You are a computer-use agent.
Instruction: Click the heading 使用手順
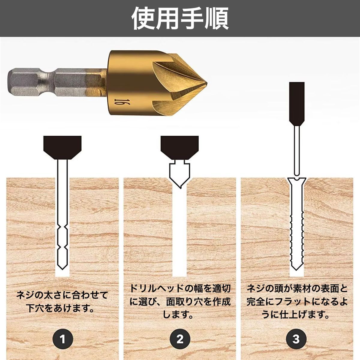tap(180, 18)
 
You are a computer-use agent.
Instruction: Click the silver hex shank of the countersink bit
tap(56, 82)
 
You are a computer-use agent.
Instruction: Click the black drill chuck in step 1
tap(62, 147)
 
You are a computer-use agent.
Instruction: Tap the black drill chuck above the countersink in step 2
tap(179, 147)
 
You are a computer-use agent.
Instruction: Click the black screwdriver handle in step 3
tap(297, 104)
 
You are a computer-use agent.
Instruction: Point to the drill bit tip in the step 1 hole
tap(63, 267)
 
